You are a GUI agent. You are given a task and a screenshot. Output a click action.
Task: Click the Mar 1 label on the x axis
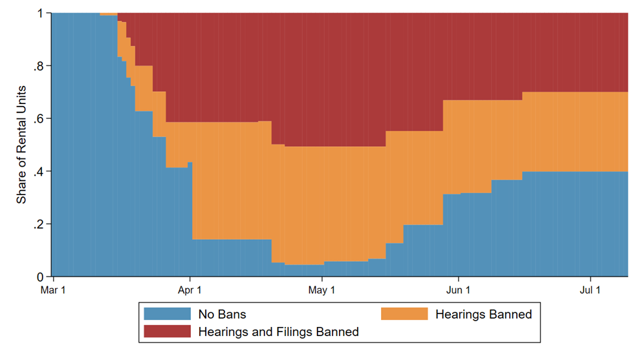53,291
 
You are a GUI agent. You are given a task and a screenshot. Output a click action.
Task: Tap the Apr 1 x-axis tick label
190,291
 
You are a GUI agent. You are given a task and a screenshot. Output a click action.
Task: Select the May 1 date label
321,291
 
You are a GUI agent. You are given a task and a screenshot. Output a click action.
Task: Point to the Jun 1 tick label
458,291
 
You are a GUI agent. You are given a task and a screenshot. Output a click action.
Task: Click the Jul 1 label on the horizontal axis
591,291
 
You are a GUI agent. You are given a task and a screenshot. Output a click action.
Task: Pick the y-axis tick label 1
41,14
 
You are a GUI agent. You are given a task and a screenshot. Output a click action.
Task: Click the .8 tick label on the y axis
39,66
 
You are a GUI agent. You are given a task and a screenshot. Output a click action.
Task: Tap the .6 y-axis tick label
39,119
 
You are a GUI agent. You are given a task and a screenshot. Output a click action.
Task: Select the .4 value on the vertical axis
39,172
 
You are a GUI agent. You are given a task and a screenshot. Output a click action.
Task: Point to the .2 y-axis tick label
39,224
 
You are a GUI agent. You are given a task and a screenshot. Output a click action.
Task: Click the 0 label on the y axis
40,277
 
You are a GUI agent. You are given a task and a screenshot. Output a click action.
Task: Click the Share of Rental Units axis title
21,145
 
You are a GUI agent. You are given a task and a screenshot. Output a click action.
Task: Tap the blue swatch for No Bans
167,314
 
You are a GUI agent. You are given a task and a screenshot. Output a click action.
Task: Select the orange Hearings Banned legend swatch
404,314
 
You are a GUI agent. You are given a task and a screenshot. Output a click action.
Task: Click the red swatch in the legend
167,332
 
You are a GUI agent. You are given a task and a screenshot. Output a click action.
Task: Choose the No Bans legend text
222,314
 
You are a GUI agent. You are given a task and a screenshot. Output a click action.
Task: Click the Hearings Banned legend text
484,314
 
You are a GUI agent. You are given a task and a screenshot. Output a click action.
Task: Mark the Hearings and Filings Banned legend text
278,332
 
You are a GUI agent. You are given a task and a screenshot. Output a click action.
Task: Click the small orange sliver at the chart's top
109,14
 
